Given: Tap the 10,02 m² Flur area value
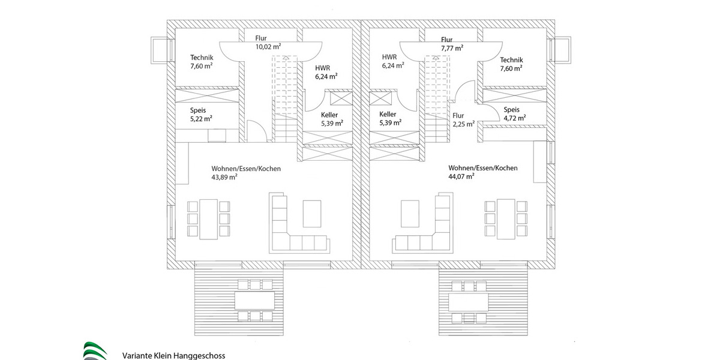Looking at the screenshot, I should coord(268,46).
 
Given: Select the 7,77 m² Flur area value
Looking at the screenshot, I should coord(451,48).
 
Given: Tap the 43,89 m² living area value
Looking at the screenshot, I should coord(224,178).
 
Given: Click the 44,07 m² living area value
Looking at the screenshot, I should coord(461,177).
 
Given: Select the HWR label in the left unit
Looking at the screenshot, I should coord(322,68).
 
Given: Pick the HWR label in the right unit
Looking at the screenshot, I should coord(389,57).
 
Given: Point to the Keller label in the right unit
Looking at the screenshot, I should coord(388,114).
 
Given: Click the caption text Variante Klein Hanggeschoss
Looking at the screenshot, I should coord(173,355).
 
